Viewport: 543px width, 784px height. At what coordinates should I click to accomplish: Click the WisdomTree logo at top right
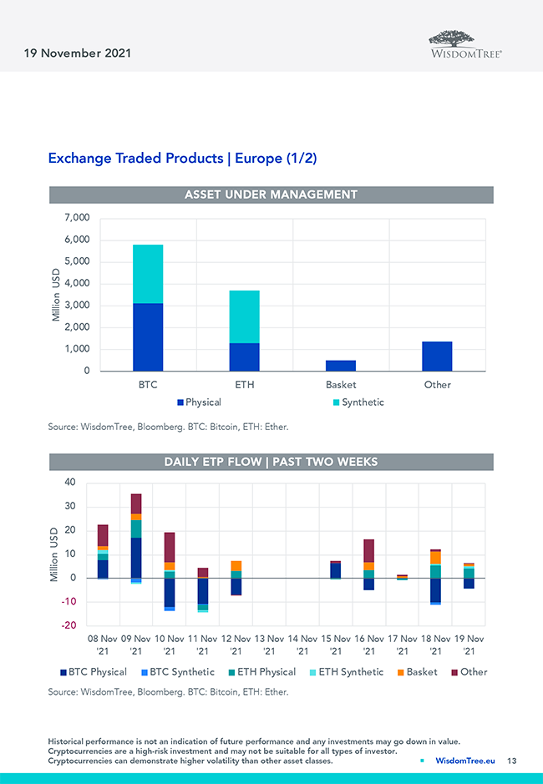click(465, 43)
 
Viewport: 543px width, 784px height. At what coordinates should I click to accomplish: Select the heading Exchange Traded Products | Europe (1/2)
click(182, 158)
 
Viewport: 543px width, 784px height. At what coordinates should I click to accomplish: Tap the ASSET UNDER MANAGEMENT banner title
click(271, 195)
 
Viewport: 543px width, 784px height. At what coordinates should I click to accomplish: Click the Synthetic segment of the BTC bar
click(148, 274)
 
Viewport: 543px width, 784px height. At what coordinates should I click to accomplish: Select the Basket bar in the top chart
click(340, 366)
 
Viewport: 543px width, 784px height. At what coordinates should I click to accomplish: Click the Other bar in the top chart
click(437, 357)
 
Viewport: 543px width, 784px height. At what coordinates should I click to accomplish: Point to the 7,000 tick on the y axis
click(76, 218)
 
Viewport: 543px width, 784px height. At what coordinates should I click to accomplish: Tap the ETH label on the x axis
click(244, 385)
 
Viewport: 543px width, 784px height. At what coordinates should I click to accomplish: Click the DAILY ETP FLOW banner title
click(271, 462)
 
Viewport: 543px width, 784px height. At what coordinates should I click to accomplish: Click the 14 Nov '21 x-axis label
click(302, 644)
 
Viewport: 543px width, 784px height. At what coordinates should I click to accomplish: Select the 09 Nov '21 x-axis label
click(135, 644)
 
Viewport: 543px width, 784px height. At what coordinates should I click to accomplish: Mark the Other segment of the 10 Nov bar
click(169, 547)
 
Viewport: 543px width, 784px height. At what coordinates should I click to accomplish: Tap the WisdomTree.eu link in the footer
click(465, 761)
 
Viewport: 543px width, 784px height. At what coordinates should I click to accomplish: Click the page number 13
click(512, 761)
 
